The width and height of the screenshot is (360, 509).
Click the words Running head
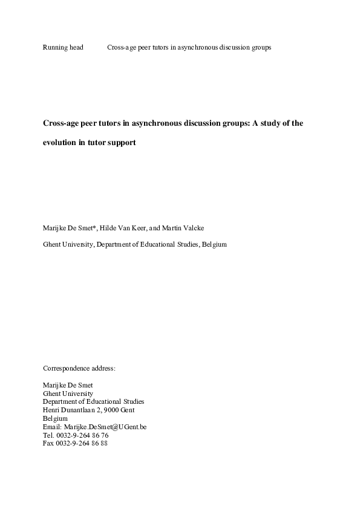(63, 47)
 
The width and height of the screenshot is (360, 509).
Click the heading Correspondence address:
(79, 368)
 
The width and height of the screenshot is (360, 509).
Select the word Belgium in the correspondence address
(56, 418)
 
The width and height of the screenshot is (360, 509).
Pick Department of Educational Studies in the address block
(94, 401)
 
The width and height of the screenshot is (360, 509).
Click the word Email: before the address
(52, 426)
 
